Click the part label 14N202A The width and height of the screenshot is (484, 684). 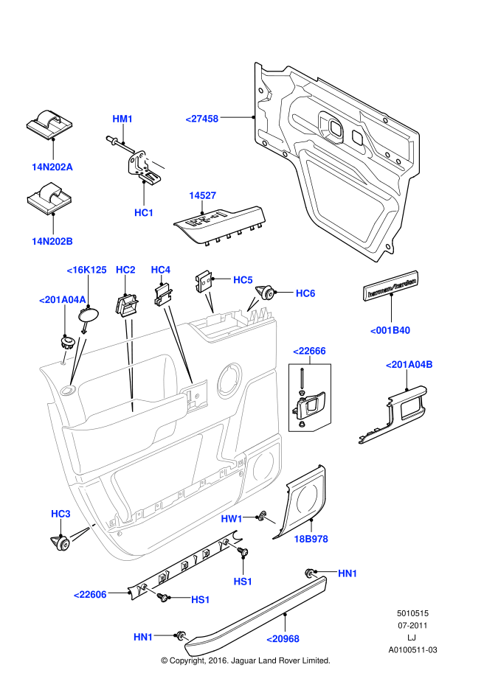pyautogui.click(x=52, y=167)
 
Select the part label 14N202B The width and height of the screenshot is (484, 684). pyautogui.click(x=52, y=241)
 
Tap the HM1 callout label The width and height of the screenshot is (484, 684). pyautogui.click(x=122, y=119)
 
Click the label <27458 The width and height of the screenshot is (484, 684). pyautogui.click(x=201, y=118)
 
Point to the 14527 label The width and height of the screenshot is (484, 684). pyautogui.click(x=202, y=195)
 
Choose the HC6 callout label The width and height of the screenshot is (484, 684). pyautogui.click(x=305, y=293)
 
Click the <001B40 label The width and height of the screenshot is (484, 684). pyautogui.click(x=390, y=330)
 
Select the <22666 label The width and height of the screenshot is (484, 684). pyautogui.click(x=309, y=351)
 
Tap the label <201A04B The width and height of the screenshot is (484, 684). pyautogui.click(x=409, y=364)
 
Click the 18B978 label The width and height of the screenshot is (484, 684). pyautogui.click(x=311, y=540)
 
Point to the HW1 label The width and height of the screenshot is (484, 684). pyautogui.click(x=232, y=519)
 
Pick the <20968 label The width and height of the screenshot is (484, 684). pyautogui.click(x=283, y=638)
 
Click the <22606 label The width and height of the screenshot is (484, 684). pyautogui.click(x=90, y=594)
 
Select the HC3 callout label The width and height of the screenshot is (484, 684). pyautogui.click(x=60, y=513)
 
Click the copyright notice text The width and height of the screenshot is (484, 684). pyautogui.click(x=246, y=660)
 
